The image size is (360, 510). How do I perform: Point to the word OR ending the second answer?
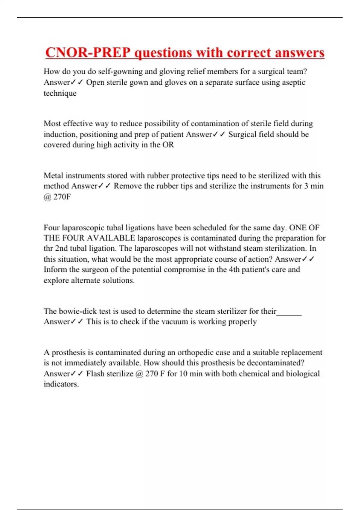[168, 145]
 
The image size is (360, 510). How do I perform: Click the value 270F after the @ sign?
[62, 197]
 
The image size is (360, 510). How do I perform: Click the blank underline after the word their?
[289, 312]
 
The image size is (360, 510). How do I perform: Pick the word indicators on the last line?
[61, 384]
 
